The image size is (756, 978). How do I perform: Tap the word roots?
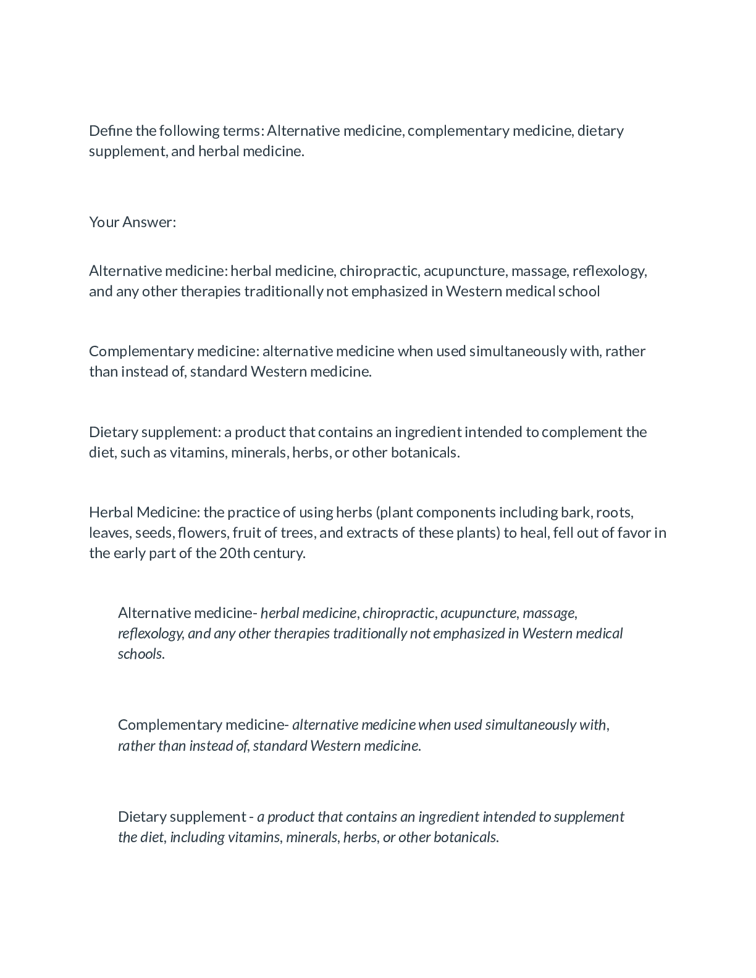point(615,512)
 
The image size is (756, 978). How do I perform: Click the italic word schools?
point(141,654)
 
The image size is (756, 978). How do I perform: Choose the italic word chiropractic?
point(398,613)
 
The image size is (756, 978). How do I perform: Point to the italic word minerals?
point(312,837)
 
